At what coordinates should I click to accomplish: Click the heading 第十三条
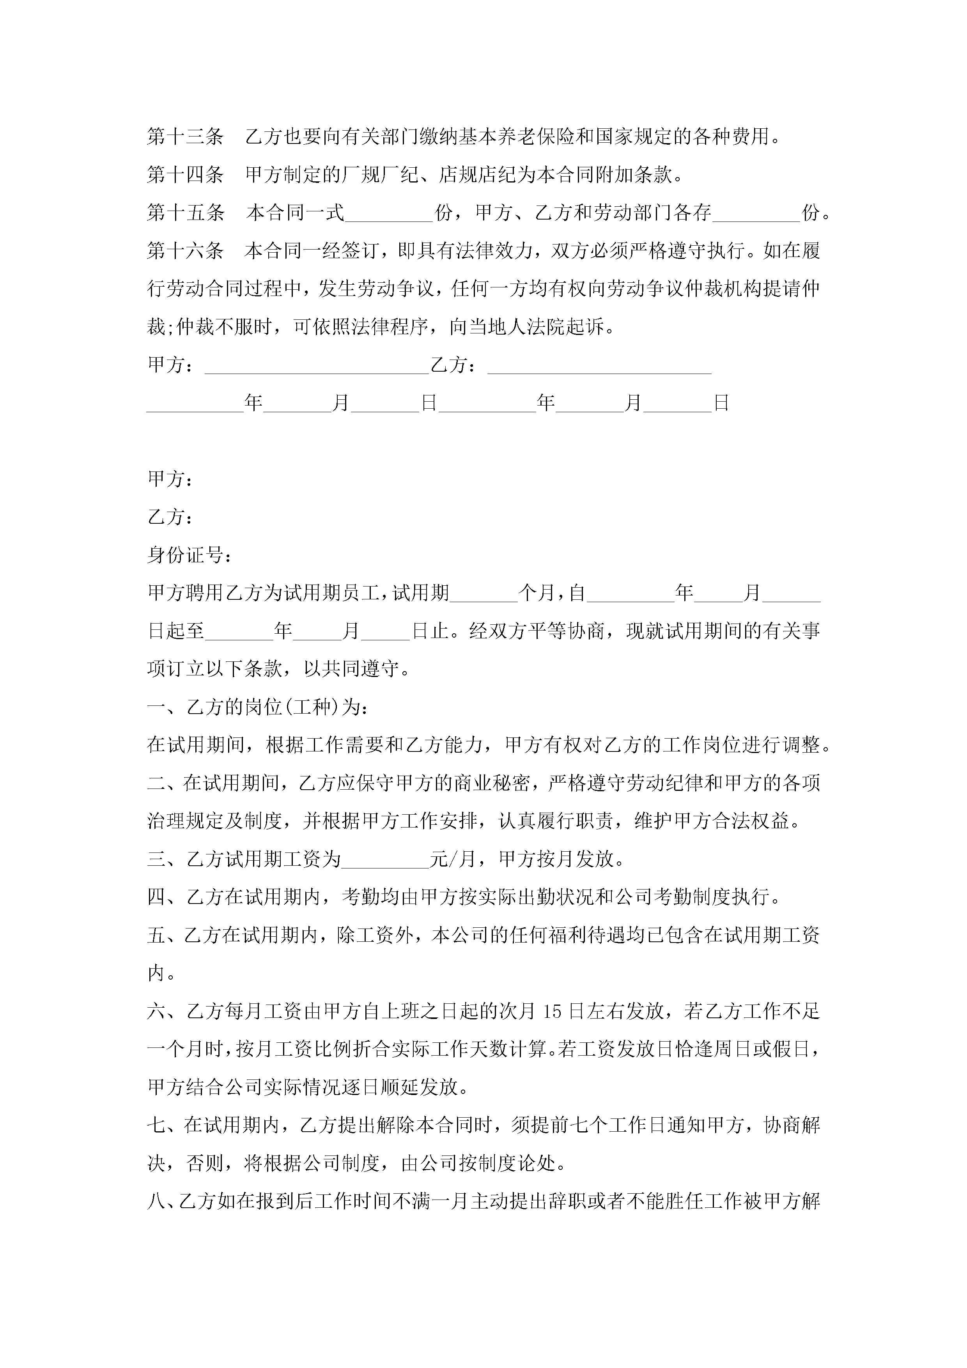[185, 137]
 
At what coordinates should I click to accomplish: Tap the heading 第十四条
[185, 175]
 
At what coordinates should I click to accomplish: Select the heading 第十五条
[185, 213]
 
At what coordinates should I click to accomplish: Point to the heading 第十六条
[185, 251]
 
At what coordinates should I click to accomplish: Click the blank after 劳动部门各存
[756, 214]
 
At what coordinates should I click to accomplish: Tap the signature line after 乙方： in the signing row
[599, 367]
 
